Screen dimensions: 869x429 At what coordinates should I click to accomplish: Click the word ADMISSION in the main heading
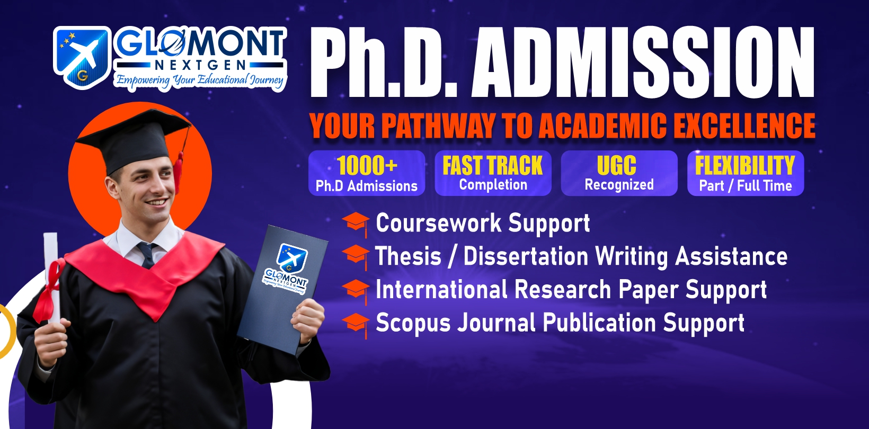pyautogui.click(x=643, y=62)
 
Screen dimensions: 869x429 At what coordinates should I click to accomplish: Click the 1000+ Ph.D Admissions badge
pyautogui.click(x=367, y=173)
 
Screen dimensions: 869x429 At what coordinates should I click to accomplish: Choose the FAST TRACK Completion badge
pyautogui.click(x=493, y=173)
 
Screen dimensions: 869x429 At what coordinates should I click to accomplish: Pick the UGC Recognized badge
pyautogui.click(x=619, y=173)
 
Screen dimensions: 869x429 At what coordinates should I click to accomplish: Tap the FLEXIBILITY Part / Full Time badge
pyautogui.click(x=746, y=173)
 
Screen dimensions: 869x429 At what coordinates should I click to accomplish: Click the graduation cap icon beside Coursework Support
pyautogui.click(x=356, y=224)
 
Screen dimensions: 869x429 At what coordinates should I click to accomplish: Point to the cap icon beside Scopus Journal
pyautogui.click(x=356, y=325)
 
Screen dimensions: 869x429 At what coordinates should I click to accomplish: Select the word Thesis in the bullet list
pyautogui.click(x=408, y=256)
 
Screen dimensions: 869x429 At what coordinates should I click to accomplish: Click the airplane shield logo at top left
pyautogui.click(x=82, y=57)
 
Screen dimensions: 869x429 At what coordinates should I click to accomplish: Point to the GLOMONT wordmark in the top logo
pyautogui.click(x=200, y=43)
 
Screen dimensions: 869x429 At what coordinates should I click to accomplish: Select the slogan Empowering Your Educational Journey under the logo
pyautogui.click(x=200, y=81)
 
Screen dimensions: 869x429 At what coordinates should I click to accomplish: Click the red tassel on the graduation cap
pyautogui.click(x=179, y=173)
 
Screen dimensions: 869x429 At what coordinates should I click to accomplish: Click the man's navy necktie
pyautogui.click(x=147, y=255)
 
